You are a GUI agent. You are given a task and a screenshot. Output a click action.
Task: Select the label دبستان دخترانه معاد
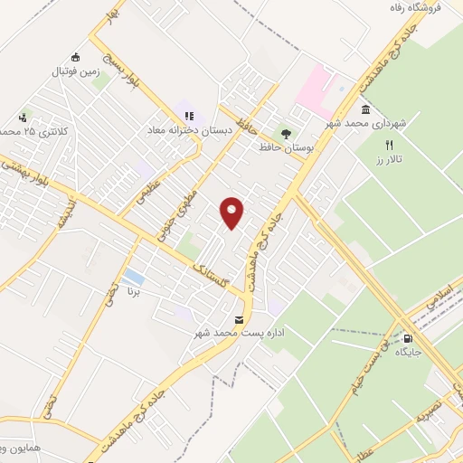[191, 129]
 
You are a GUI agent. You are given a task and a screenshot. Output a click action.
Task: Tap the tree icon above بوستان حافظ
[286, 133]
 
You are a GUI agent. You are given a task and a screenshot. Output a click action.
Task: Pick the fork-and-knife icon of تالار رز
[390, 145]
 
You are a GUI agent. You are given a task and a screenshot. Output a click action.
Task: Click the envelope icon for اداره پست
[239, 319]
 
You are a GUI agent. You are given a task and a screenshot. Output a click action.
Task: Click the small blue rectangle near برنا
[134, 275]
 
